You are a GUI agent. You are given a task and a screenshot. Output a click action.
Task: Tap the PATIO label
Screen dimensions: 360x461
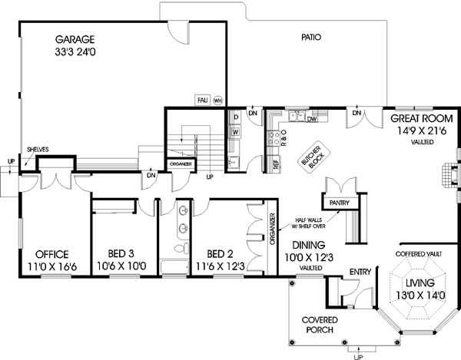pos(311,36)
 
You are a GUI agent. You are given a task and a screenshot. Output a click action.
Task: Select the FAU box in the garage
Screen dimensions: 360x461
pos(201,100)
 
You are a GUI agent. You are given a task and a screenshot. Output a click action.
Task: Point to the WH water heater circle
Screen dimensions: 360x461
pos(217,100)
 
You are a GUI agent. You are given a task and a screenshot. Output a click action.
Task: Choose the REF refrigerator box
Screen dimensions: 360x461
pos(276,163)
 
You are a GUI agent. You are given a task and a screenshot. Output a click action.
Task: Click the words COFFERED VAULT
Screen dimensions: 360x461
pos(418,253)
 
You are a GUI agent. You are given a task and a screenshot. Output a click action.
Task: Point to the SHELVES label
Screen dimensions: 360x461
pos(38,150)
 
